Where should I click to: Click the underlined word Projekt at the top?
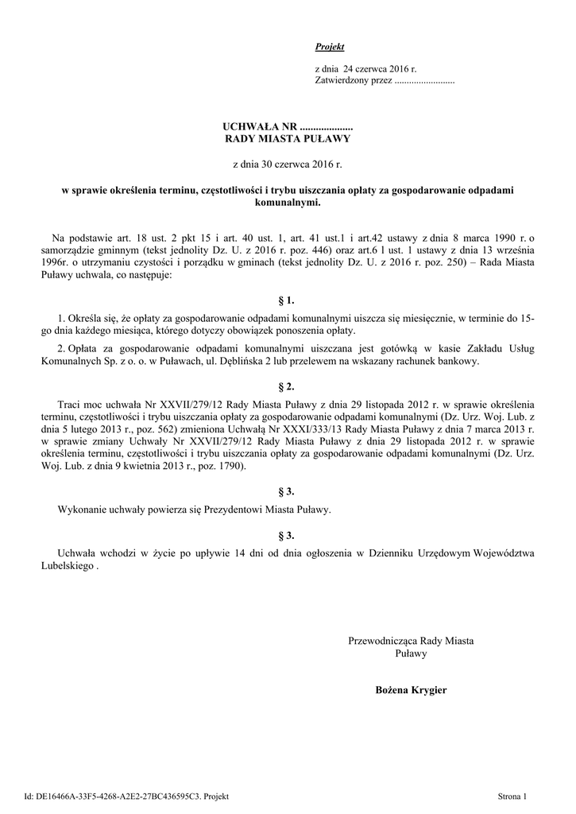[330, 48]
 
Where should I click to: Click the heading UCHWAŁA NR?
[260, 126]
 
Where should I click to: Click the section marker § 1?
[287, 300]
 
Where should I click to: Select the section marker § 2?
[287, 386]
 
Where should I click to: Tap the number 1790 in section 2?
[231, 466]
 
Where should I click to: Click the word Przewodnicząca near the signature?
[383, 641]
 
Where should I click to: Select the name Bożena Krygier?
[411, 689]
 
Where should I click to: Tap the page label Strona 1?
[512, 795]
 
